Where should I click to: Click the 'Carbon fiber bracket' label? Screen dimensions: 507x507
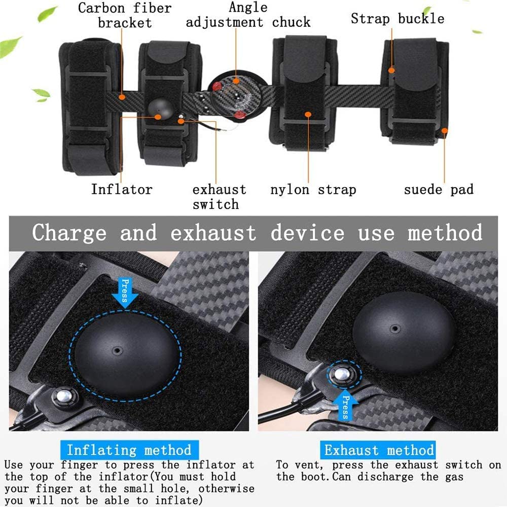pos(125,15)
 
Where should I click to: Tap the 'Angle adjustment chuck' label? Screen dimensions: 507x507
pos(248,15)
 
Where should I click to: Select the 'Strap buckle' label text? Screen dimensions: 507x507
pos(397,19)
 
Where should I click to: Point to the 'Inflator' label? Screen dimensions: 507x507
pos(122,189)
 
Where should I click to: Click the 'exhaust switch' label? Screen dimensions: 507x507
pos(219,197)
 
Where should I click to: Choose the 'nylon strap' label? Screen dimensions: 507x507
pos(313,190)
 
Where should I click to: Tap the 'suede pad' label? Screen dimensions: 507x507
pos(439,190)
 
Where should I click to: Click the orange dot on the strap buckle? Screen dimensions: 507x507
pos(391,70)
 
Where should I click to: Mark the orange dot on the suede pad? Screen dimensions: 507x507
pos(445,131)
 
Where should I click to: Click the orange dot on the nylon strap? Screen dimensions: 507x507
pos(308,115)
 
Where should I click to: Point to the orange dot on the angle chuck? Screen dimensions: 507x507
pos(236,81)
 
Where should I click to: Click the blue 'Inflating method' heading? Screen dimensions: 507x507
pos(129,450)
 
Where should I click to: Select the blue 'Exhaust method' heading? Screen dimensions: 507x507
pos(378,450)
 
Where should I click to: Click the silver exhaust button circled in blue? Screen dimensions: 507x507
pos(342,375)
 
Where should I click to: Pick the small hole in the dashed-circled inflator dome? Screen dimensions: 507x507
pos(117,350)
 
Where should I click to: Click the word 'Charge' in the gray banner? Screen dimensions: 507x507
pos(69,233)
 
